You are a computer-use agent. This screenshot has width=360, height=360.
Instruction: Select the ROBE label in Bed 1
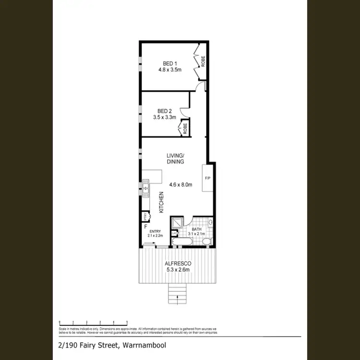(x=204, y=61)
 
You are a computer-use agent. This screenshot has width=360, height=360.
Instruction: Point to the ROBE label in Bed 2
(x=184, y=129)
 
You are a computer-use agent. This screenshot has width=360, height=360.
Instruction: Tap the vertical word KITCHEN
(x=161, y=202)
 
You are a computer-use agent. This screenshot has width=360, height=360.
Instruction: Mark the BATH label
(x=197, y=229)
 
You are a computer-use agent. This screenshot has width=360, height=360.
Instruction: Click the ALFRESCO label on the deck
(x=178, y=264)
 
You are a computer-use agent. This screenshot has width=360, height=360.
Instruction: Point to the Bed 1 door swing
(x=203, y=86)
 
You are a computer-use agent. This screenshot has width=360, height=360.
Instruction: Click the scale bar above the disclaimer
(x=93, y=322)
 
